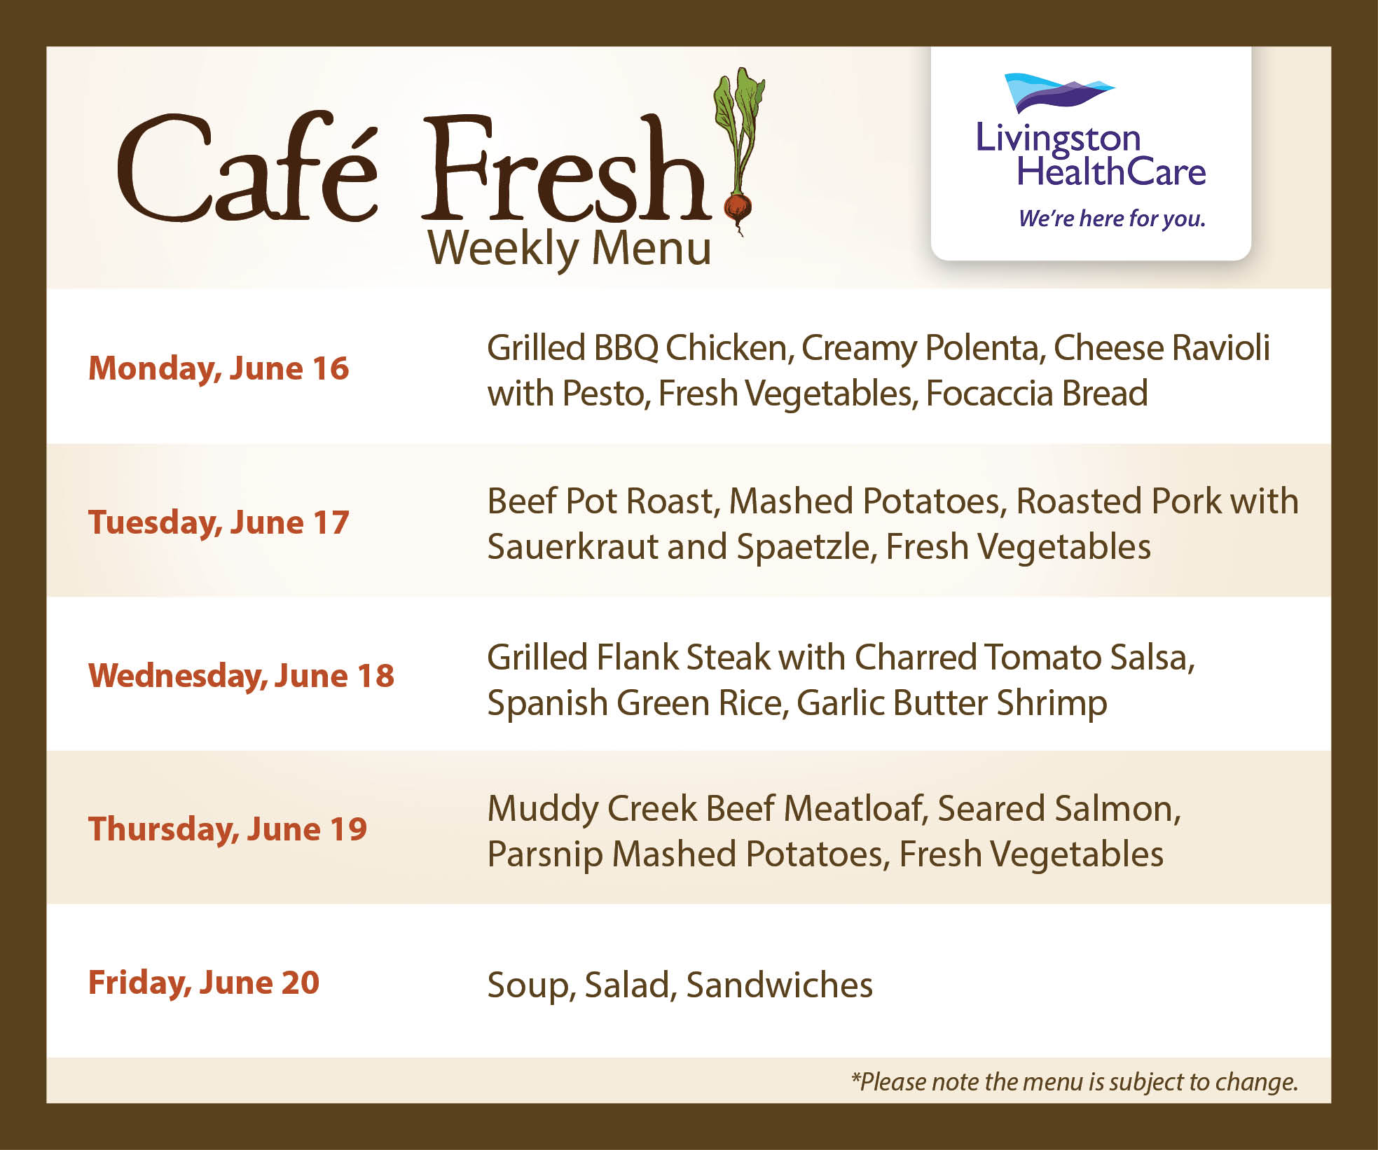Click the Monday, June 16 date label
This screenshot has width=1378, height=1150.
pos(219,369)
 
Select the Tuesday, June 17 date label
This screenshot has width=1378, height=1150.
pos(219,522)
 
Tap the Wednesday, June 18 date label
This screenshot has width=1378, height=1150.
pos(241,677)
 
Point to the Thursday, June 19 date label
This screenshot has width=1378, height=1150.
pos(228,830)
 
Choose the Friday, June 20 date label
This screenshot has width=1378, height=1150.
pos(204,983)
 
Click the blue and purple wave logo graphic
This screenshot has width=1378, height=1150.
pos(1059,93)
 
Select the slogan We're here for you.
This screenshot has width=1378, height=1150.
pos(1112,219)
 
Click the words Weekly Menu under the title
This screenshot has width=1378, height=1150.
pos(570,249)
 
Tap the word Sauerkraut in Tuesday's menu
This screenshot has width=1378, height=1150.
pos(572,547)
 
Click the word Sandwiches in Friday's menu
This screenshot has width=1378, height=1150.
pos(780,985)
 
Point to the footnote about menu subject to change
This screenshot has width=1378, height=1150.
pos(1075,1082)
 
